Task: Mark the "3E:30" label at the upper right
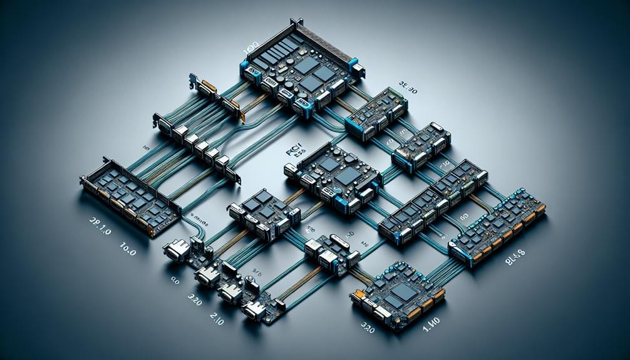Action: click(x=408, y=91)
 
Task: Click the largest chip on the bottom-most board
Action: click(x=403, y=292)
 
